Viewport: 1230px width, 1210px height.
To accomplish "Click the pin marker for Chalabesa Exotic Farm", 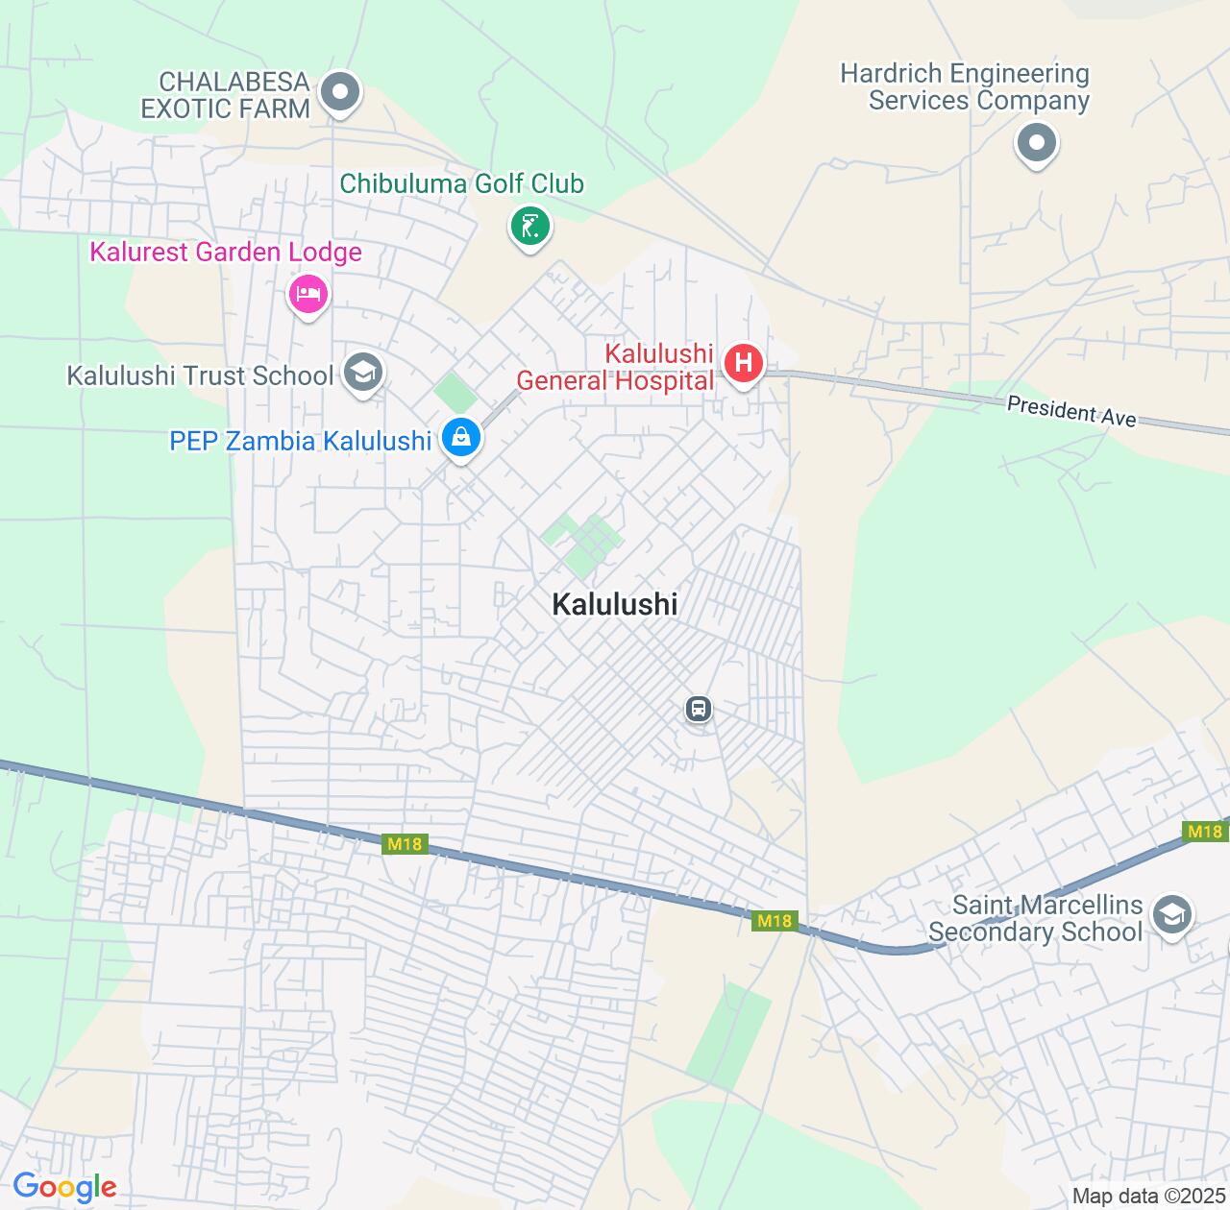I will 339,93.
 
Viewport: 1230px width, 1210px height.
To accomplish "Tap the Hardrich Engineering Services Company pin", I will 1036,144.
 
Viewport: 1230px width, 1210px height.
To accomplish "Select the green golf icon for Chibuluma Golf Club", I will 529,227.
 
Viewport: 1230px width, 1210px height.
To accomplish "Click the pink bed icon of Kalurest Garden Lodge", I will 307,294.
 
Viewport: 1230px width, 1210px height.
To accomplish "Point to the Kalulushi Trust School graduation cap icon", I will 362,374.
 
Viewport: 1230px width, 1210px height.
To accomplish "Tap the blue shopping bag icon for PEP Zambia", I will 461,438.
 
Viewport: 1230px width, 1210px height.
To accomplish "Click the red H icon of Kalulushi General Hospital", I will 743,364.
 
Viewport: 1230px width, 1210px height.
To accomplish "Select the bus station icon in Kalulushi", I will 699,710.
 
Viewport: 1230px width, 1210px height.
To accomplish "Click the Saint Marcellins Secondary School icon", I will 1171,915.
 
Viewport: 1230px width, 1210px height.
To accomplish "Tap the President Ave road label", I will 1071,411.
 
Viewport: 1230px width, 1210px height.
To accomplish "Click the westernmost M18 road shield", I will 405,844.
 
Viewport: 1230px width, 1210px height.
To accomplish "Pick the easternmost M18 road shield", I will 1204,832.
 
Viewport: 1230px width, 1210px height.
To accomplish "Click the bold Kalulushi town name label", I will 615,604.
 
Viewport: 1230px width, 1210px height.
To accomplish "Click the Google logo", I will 64,1188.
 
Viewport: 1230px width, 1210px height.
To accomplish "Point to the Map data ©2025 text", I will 1149,1197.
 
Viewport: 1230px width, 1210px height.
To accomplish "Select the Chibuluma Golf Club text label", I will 461,183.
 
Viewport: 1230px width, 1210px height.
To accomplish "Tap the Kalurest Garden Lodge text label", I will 226,252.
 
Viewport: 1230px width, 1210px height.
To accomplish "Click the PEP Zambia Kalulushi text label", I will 301,441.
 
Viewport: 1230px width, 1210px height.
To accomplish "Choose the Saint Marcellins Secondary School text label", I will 1036,919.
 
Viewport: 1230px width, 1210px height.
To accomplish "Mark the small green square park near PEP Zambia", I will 455,394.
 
